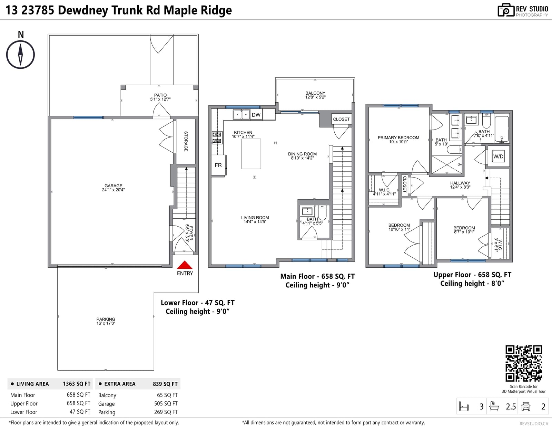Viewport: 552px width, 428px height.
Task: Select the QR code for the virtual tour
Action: point(524,363)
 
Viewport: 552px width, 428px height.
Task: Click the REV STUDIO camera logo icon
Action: point(506,10)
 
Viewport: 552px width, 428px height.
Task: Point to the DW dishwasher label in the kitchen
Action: point(256,115)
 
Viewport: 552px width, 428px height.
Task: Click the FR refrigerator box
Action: point(218,165)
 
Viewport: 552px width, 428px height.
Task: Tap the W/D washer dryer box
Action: point(499,156)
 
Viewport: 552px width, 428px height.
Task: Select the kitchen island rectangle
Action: point(251,154)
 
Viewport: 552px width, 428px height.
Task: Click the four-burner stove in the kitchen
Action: point(217,137)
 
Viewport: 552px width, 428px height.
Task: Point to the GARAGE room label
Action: point(113,186)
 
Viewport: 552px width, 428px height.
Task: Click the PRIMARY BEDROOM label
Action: point(398,137)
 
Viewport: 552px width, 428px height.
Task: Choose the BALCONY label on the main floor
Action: point(315,93)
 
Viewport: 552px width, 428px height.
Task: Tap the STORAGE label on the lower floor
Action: point(186,141)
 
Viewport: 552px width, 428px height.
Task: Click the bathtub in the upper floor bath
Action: point(502,129)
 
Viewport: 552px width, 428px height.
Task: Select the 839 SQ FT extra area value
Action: point(165,384)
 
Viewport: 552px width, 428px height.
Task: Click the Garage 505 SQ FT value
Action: point(166,403)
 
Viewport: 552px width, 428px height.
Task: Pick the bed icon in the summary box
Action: point(464,406)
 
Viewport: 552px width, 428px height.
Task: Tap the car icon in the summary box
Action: point(526,406)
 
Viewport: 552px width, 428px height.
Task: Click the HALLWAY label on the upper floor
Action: point(460,183)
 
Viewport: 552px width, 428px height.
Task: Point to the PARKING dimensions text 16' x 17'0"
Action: point(106,323)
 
